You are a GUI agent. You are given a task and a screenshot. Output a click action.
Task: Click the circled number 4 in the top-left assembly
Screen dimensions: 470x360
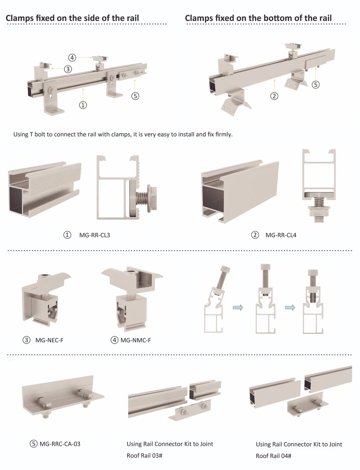pyautogui.click(x=72, y=58)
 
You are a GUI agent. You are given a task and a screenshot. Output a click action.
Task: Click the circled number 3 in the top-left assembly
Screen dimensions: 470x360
pyautogui.click(x=68, y=69)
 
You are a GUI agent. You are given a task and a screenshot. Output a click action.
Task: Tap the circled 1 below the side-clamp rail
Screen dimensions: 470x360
pyautogui.click(x=83, y=105)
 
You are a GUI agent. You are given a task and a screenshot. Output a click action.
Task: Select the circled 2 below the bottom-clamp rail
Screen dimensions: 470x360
pyautogui.click(x=274, y=96)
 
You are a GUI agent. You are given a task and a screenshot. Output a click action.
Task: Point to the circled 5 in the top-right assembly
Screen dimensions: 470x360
pyautogui.click(x=316, y=84)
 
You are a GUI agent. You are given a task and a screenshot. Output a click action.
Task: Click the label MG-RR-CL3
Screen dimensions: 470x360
pyautogui.click(x=94, y=235)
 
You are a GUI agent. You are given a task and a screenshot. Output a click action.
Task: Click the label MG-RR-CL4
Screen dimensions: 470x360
pyautogui.click(x=281, y=235)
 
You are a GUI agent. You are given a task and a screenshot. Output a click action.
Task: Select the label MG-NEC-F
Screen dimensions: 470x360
pyautogui.click(x=49, y=340)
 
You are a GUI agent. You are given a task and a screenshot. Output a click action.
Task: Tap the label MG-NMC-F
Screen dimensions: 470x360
pyautogui.click(x=136, y=340)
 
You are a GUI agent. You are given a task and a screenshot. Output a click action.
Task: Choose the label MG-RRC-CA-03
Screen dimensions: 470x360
pyautogui.click(x=60, y=444)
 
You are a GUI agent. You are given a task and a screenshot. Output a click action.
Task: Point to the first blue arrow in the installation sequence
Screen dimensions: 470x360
pyautogui.click(x=238, y=307)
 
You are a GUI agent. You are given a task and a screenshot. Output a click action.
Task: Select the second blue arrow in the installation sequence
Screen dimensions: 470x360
pyautogui.click(x=290, y=307)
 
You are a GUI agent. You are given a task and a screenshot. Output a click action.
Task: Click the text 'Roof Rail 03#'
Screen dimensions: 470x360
pyautogui.click(x=144, y=455)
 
